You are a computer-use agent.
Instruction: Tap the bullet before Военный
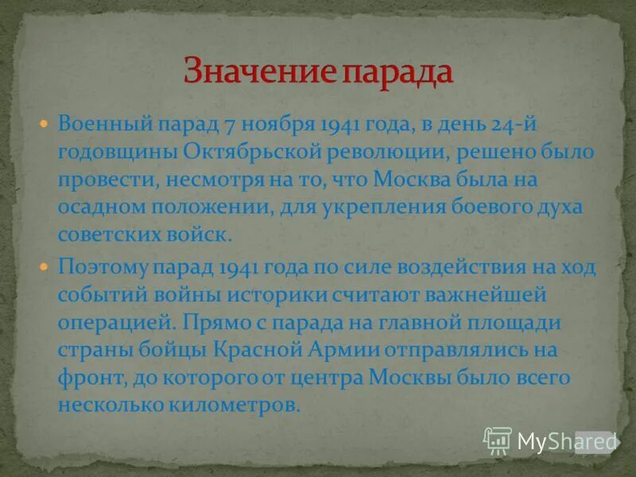click(46, 125)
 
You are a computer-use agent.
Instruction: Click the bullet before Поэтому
click(46, 267)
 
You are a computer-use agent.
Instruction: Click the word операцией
click(107, 323)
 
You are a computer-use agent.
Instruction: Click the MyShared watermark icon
click(498, 440)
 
